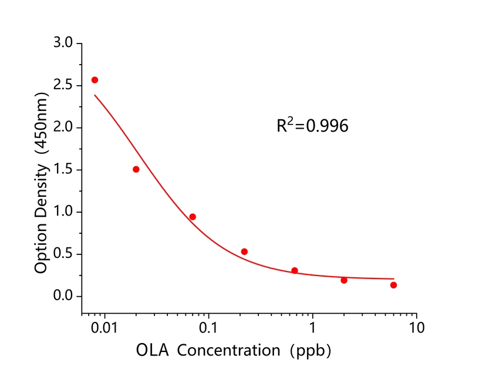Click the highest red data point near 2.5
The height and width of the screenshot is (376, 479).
[x=95, y=80]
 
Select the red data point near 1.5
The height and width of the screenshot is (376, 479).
[x=136, y=169]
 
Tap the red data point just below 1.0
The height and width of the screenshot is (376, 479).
[x=193, y=217]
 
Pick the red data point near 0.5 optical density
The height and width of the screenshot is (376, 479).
[x=244, y=251]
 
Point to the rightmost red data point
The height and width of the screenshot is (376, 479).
[x=393, y=285]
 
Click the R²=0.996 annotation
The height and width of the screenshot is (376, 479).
[x=312, y=125]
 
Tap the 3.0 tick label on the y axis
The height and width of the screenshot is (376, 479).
[x=63, y=43]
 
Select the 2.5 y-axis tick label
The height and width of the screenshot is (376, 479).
[x=63, y=86]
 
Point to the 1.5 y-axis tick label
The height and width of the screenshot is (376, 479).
[x=63, y=170]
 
